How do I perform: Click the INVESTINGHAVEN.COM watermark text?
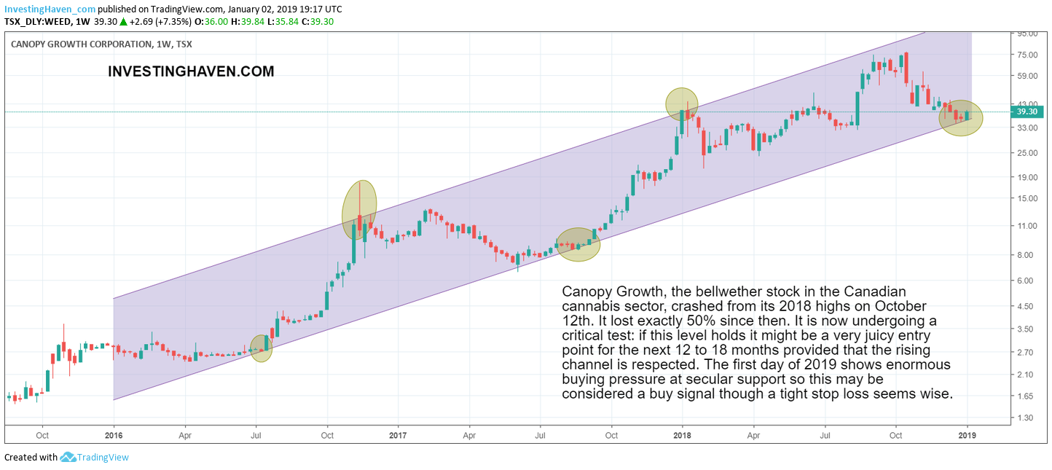[191, 71]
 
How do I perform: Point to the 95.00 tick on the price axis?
[1027, 34]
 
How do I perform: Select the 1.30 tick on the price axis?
[1026, 418]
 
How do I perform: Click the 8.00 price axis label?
[1026, 254]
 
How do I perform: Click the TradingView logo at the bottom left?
[94, 458]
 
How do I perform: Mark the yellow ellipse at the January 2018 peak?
[682, 103]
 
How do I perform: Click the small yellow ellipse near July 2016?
[261, 348]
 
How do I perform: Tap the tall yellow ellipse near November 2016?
[359, 211]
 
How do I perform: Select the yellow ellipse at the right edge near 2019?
[961, 117]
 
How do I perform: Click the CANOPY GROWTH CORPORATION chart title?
[81, 44]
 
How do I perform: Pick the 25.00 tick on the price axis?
[1026, 152]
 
